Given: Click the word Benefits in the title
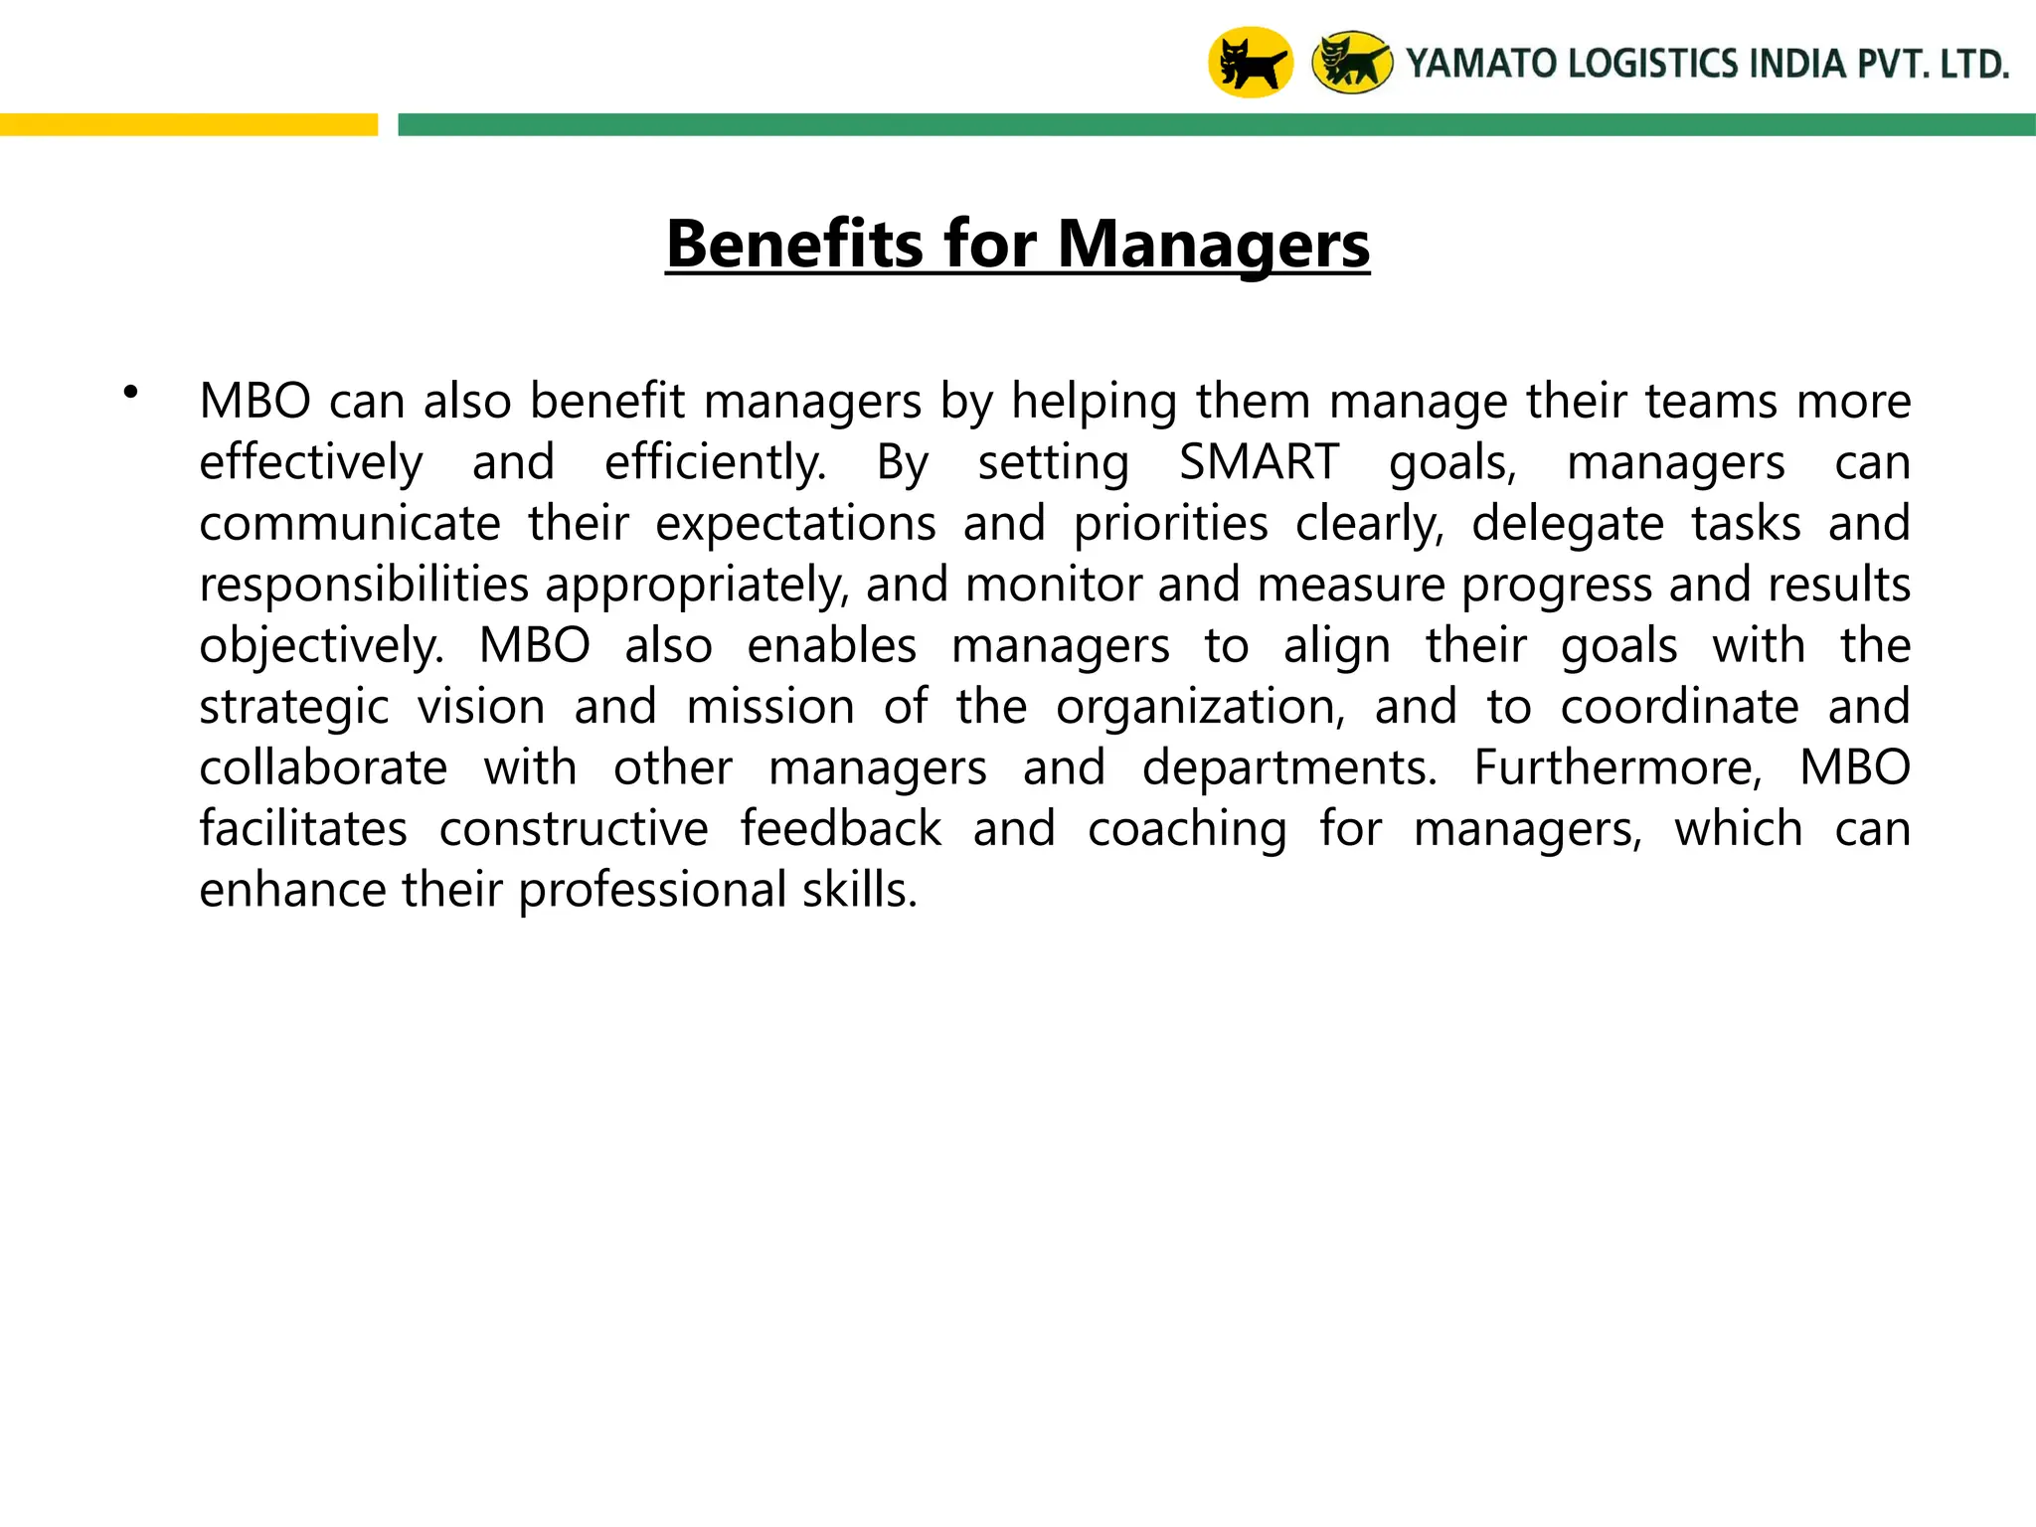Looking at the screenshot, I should (x=795, y=244).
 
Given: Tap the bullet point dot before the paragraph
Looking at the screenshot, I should (x=130, y=393).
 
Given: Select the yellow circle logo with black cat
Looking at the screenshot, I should (x=1250, y=63).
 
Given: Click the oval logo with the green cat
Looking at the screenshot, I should (x=1352, y=63).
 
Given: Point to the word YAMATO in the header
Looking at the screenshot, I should (x=1480, y=65).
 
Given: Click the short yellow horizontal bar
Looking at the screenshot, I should (x=189, y=124).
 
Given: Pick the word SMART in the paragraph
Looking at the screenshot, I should (x=1259, y=462).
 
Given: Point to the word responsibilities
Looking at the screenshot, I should (x=364, y=585).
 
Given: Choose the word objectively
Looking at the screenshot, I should (x=321, y=646).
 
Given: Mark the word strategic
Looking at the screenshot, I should (x=294, y=707).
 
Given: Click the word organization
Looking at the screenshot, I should (x=1200, y=707).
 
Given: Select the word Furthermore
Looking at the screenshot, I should (x=1617, y=767).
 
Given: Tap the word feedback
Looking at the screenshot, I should (x=840, y=829).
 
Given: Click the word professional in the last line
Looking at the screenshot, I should (x=652, y=890).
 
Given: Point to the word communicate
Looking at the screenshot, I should (x=350, y=523).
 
